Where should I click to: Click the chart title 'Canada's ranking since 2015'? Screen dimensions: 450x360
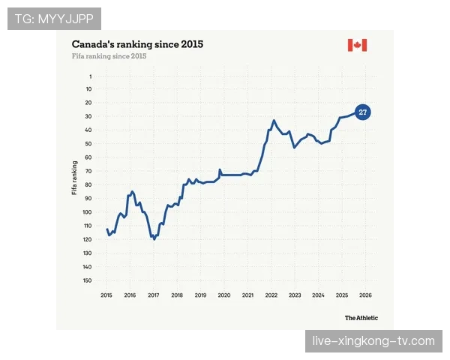click(x=137, y=44)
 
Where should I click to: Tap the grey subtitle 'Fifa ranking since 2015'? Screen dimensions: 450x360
click(x=109, y=56)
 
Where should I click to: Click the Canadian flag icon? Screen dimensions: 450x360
click(x=357, y=45)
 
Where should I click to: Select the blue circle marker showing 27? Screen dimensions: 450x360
click(x=363, y=112)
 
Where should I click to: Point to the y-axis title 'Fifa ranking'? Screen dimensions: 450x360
click(x=74, y=178)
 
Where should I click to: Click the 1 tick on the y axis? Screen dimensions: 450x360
click(x=91, y=76)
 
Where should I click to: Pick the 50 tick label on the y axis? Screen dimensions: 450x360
click(x=88, y=144)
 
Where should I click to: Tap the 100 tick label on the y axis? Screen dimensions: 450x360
click(x=87, y=212)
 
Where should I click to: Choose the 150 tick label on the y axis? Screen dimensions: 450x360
click(x=87, y=280)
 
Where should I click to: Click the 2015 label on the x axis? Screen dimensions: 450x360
click(x=106, y=295)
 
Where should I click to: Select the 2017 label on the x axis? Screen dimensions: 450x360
click(x=154, y=295)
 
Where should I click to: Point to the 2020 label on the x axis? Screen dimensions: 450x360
click(x=224, y=295)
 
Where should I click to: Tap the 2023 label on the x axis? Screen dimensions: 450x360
click(x=295, y=295)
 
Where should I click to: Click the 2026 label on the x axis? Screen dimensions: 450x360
click(x=365, y=295)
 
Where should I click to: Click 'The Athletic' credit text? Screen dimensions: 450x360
click(x=361, y=318)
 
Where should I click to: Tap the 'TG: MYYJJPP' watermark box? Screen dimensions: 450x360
click(x=54, y=19)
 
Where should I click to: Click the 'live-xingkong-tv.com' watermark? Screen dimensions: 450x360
click(x=373, y=341)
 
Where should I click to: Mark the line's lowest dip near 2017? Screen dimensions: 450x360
click(x=154, y=239)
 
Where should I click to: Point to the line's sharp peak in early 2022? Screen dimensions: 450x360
click(x=274, y=121)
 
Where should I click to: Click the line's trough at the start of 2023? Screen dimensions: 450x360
click(x=294, y=147)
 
